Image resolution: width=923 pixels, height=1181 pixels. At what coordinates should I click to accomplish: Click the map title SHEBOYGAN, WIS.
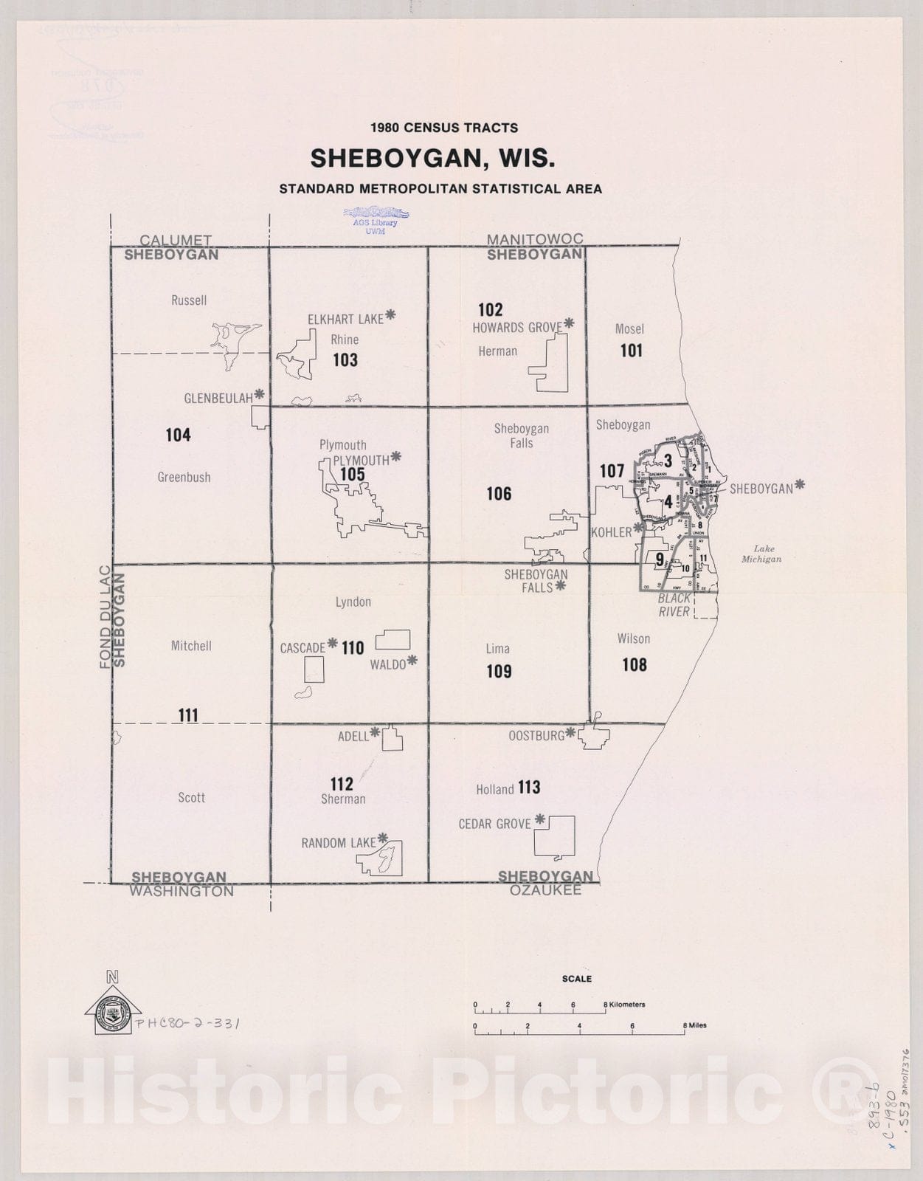pyautogui.click(x=432, y=159)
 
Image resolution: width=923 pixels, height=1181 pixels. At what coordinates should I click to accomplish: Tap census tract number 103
pyautogui.click(x=345, y=360)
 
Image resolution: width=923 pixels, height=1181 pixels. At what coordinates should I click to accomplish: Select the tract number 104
pyautogui.click(x=178, y=435)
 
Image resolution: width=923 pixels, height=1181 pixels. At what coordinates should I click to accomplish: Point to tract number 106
pyautogui.click(x=499, y=494)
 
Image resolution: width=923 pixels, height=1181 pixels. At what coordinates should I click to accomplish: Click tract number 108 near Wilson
pyautogui.click(x=635, y=665)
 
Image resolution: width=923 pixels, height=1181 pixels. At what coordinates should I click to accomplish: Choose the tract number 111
pyautogui.click(x=188, y=715)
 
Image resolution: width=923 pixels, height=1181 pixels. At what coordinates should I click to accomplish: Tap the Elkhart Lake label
pyautogui.click(x=345, y=319)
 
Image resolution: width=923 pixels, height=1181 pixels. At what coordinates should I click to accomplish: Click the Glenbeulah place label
pyautogui.click(x=218, y=399)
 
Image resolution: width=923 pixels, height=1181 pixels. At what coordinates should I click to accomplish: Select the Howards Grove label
pyautogui.click(x=517, y=327)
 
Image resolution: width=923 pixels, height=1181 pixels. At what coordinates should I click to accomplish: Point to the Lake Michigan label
pyautogui.click(x=761, y=554)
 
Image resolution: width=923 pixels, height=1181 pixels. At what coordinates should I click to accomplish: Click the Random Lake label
pyautogui.click(x=339, y=843)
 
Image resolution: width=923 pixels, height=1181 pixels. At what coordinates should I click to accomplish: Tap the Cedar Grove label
pyautogui.click(x=495, y=824)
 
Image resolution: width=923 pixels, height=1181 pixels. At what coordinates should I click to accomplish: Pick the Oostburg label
pyautogui.click(x=536, y=736)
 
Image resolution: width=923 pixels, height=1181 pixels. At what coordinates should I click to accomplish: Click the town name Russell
pyautogui.click(x=189, y=300)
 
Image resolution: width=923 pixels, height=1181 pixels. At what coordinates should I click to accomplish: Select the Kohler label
pyautogui.click(x=612, y=532)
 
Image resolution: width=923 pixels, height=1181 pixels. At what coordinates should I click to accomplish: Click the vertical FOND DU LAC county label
pyautogui.click(x=105, y=617)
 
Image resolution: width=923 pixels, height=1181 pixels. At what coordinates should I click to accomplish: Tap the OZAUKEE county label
pyautogui.click(x=545, y=890)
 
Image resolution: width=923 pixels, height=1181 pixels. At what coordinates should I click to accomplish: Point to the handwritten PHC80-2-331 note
pyautogui.click(x=187, y=1024)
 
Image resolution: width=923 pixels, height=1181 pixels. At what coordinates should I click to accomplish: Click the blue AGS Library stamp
pyautogui.click(x=375, y=219)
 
